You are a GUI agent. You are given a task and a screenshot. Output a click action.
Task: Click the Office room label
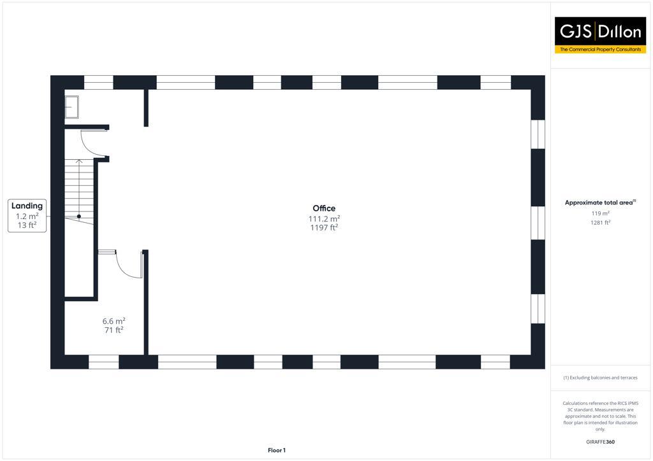(324, 208)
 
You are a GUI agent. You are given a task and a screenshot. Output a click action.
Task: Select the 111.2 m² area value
(324, 218)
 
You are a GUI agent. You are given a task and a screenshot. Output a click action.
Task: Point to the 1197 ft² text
(324, 227)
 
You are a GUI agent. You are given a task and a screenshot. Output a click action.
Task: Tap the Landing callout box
(27, 215)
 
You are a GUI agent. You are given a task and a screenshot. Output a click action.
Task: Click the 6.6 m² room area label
(114, 321)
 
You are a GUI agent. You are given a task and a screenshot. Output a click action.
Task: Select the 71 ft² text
(114, 330)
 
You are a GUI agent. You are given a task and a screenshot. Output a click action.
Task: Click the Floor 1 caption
(276, 450)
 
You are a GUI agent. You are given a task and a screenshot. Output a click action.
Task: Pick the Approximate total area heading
(600, 202)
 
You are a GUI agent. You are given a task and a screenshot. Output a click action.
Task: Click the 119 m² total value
(600, 213)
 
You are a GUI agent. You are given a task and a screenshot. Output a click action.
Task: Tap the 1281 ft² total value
(600, 223)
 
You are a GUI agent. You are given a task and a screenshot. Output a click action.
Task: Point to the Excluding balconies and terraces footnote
(600, 378)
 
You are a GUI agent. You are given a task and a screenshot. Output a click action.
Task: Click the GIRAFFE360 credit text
(600, 442)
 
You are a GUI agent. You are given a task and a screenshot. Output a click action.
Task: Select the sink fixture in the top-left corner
(71, 107)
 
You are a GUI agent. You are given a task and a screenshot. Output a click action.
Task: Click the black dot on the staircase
(79, 216)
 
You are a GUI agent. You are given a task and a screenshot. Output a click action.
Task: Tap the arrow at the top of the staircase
(79, 162)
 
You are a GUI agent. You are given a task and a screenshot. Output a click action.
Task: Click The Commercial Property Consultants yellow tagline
(600, 49)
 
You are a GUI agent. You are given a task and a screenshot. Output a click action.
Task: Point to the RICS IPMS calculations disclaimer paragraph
(600, 416)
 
